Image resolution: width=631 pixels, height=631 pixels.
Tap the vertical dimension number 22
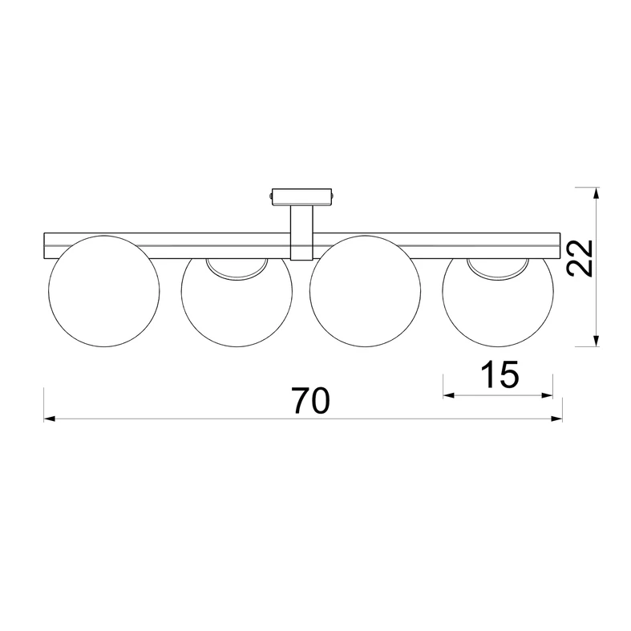click(579, 257)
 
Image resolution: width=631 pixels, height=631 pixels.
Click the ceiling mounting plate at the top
click(301, 194)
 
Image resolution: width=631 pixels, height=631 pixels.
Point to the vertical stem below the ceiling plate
click(301, 231)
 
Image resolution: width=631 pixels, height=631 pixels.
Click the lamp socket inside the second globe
click(236, 269)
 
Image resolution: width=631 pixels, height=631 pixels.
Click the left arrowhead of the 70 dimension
click(48, 418)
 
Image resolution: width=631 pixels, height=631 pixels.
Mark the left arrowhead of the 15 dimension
click(447, 394)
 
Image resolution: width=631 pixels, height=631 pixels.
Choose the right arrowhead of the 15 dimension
click(549, 394)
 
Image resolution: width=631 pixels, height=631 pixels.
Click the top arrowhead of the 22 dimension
click(594, 192)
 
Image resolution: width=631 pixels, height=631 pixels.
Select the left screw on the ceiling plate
click(271, 194)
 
